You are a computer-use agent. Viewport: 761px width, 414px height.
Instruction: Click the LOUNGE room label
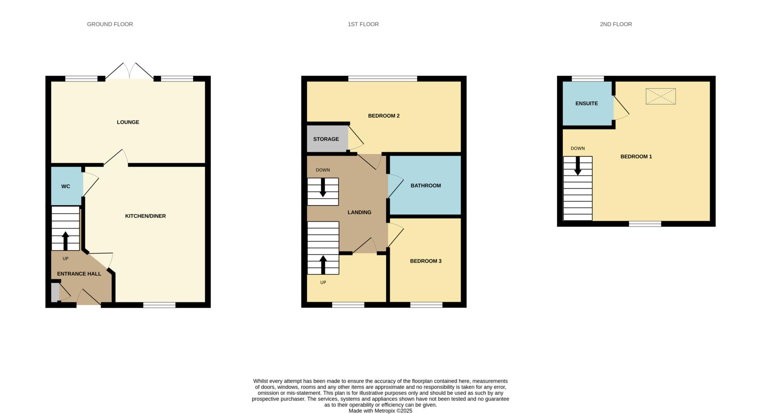pyautogui.click(x=128, y=122)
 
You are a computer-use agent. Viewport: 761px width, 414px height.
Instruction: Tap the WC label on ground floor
pyautogui.click(x=65, y=187)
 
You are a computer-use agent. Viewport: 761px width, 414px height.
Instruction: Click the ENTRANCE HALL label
pyautogui.click(x=79, y=274)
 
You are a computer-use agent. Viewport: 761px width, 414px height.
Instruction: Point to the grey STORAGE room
pyautogui.click(x=326, y=139)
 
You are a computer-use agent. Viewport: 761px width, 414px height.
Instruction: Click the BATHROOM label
pyautogui.click(x=425, y=186)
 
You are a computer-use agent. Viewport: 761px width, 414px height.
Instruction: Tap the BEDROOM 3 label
pyautogui.click(x=425, y=261)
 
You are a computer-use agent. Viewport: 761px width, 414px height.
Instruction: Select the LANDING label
pyautogui.click(x=359, y=213)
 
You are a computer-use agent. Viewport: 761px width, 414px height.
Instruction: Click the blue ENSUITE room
pyautogui.click(x=586, y=104)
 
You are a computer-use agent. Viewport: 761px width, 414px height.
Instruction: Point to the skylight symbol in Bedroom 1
pyautogui.click(x=660, y=97)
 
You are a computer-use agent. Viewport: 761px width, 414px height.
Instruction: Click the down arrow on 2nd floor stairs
pyautogui.click(x=577, y=166)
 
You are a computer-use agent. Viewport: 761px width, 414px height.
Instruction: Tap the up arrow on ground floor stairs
pyautogui.click(x=65, y=241)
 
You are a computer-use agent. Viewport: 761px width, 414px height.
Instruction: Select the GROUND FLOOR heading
pyautogui.click(x=110, y=24)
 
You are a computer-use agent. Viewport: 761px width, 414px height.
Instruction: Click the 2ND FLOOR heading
pyautogui.click(x=615, y=24)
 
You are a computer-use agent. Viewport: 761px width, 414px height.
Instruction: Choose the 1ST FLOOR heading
pyautogui.click(x=363, y=24)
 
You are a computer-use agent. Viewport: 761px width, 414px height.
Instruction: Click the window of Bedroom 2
pyautogui.click(x=382, y=78)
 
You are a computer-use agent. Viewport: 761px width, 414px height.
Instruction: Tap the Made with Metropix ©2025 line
pyautogui.click(x=380, y=411)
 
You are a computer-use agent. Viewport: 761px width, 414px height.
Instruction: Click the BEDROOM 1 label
pyautogui.click(x=636, y=157)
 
